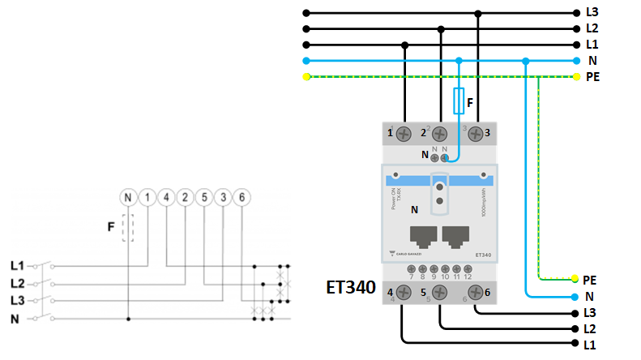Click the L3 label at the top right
point(592,13)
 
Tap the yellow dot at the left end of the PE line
point(306,77)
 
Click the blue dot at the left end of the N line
point(306,61)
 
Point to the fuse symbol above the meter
point(459,101)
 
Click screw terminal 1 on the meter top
point(404,133)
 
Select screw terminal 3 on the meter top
point(478,133)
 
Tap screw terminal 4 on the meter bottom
point(404,293)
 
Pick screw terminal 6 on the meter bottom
point(478,293)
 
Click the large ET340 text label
point(351,287)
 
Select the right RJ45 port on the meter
point(458,236)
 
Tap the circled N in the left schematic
point(127,197)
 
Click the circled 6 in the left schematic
point(240,197)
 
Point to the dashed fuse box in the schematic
point(127,228)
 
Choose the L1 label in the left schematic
point(17,265)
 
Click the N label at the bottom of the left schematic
point(15,319)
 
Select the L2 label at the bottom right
point(591,328)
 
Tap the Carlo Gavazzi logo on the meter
point(407,255)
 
